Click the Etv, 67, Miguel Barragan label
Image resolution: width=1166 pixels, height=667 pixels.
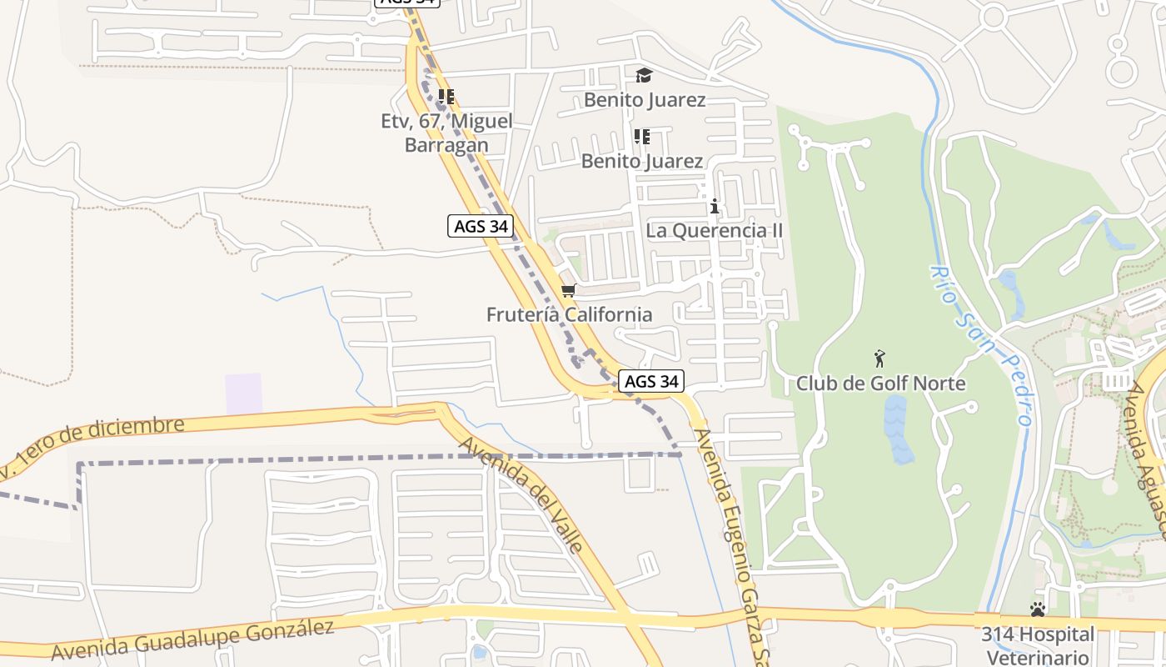click(446, 133)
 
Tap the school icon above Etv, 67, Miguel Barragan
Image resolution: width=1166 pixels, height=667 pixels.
click(446, 97)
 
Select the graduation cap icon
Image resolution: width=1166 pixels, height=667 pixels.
click(644, 76)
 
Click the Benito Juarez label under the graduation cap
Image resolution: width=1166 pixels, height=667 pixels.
click(645, 100)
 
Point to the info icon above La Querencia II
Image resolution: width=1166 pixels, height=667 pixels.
click(714, 206)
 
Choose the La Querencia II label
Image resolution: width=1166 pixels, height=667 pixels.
click(715, 230)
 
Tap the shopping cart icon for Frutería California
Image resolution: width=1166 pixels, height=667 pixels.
click(569, 290)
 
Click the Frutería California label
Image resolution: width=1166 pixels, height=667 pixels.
click(570, 314)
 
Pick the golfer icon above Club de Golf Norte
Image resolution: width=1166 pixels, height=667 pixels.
click(879, 359)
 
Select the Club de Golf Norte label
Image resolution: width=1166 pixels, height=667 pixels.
click(881, 384)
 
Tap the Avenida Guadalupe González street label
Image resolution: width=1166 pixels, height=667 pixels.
click(192, 639)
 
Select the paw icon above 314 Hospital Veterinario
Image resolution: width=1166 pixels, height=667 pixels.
click(1037, 610)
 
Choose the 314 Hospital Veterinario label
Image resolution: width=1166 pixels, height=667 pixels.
click(1037, 645)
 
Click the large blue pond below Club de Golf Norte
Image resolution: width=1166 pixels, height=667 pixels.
click(897, 429)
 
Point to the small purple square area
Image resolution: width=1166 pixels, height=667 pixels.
click(243, 394)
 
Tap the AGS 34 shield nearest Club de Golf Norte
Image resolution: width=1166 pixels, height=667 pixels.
click(651, 382)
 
